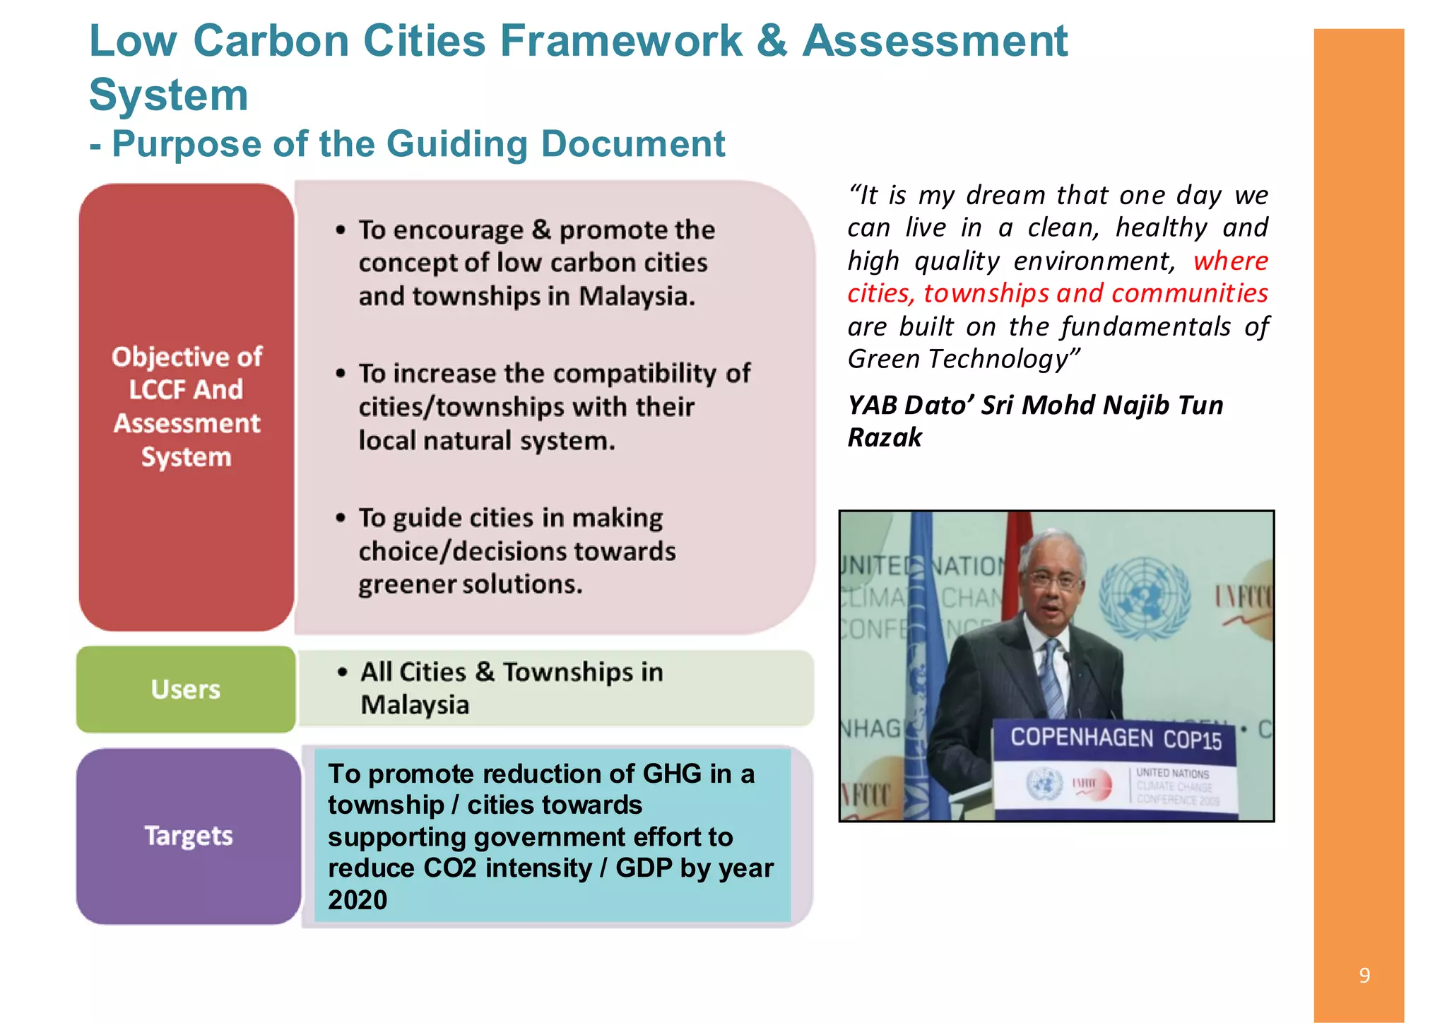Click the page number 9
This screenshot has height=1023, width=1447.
tap(1364, 976)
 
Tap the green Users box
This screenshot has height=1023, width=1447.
tap(186, 689)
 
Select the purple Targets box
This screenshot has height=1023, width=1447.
tap(189, 836)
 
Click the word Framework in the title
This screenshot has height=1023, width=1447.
tap(621, 41)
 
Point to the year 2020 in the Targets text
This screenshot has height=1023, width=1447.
tap(358, 900)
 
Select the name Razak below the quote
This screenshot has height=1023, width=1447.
tap(885, 437)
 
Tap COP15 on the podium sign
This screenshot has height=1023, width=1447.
tap(1193, 740)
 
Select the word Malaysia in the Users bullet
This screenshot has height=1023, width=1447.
tap(415, 705)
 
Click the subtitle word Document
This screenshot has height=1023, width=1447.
tap(632, 144)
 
